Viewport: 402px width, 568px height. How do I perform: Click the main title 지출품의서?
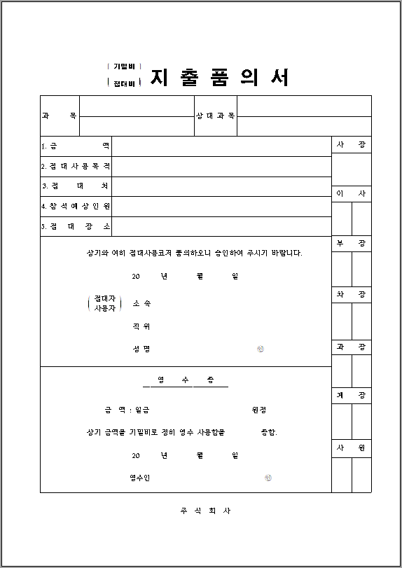[x=219, y=77]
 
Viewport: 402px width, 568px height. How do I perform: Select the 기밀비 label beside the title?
[x=124, y=67]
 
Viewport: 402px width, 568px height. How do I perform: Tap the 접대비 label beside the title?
[x=124, y=83]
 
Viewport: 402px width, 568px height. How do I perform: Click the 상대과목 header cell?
[x=216, y=116]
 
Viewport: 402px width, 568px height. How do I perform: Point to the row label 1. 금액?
[x=76, y=146]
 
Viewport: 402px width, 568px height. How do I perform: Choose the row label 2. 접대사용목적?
[x=76, y=167]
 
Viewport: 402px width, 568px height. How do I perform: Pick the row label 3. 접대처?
[x=76, y=186]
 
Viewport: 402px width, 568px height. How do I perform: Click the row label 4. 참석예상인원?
[x=76, y=207]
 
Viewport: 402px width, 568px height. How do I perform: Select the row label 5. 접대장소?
[x=76, y=226]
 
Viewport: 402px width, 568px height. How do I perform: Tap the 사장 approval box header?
[x=351, y=144]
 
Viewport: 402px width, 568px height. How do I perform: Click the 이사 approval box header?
[x=351, y=194]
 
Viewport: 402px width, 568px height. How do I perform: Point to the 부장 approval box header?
[x=351, y=243]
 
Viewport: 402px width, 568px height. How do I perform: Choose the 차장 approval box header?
[x=351, y=295]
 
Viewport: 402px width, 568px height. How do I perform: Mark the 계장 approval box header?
[x=351, y=396]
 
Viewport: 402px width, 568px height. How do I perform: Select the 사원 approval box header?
[x=351, y=448]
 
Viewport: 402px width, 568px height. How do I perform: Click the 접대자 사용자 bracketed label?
[x=105, y=303]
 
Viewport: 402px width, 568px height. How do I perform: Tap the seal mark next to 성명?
[x=261, y=349]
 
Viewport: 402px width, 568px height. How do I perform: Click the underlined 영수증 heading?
[x=186, y=380]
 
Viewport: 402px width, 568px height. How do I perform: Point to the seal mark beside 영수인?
[x=268, y=478]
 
